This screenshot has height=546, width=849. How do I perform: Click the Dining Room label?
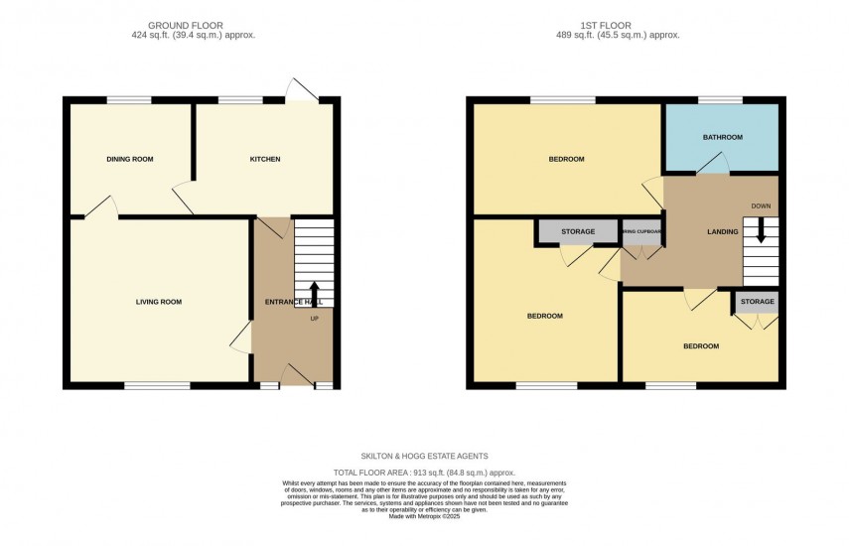click(130, 159)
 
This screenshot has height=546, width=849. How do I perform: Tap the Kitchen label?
click(264, 159)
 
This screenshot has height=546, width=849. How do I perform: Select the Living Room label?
click(159, 302)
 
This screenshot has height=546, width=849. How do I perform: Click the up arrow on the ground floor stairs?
click(315, 293)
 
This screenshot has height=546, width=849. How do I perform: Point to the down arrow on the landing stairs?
click(762, 231)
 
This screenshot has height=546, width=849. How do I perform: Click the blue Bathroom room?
click(723, 138)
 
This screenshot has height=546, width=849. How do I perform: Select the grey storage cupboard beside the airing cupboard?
click(577, 231)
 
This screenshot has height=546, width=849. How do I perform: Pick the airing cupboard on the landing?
click(641, 231)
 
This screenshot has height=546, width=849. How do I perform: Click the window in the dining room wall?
click(129, 100)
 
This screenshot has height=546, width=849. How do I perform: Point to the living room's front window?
click(157, 385)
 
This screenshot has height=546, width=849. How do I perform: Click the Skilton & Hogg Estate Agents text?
click(424, 456)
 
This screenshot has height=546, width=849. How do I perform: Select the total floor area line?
click(424, 473)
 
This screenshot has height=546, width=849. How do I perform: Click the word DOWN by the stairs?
click(761, 206)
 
